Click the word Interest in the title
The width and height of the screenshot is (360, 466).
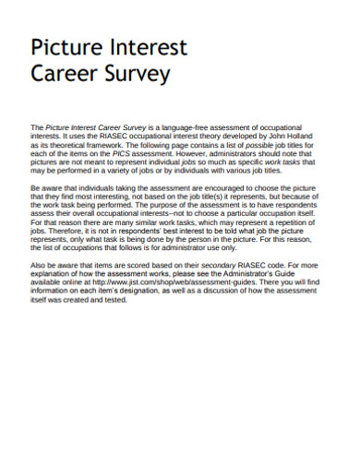148,48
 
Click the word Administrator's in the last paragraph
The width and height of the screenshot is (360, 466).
261,275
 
